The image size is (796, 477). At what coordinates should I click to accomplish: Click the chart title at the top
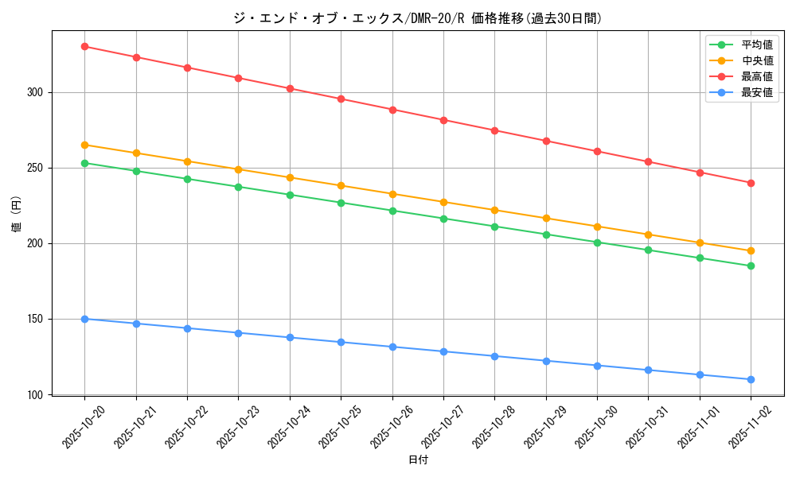[418, 18]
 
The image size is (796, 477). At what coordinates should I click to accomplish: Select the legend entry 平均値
[756, 45]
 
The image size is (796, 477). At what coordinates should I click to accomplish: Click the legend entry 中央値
[756, 60]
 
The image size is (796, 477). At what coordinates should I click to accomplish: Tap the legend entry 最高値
[756, 77]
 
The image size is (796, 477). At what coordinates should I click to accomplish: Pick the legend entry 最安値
[756, 93]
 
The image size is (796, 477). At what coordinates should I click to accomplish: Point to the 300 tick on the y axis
[34, 92]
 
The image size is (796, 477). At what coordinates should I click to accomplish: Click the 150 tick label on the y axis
[34, 319]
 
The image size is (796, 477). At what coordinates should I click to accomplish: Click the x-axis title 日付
[418, 460]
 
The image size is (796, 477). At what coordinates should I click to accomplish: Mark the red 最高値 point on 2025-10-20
[84, 46]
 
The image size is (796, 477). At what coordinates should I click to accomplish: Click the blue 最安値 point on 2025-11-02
[751, 379]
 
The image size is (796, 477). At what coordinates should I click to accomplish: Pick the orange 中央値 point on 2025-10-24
[290, 177]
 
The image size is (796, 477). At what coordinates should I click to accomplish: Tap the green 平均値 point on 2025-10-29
[546, 235]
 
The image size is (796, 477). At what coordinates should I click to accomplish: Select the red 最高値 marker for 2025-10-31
[648, 161]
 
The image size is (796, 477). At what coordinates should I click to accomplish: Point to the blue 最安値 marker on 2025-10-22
[187, 328]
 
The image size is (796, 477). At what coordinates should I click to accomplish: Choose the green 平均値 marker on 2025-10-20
[84, 163]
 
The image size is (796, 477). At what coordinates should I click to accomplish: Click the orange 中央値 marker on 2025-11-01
[700, 242]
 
